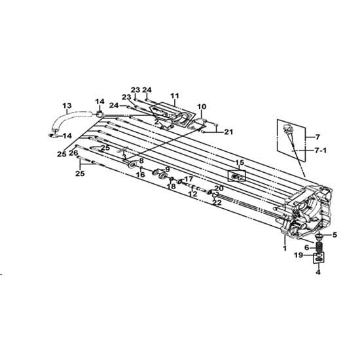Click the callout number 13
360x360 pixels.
[x=67, y=106]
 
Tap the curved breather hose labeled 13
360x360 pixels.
[x=69, y=117]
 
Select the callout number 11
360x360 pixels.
[x=175, y=96]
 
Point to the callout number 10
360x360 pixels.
[x=202, y=107]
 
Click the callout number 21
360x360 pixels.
[x=228, y=132]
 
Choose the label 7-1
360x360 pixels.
[x=321, y=151]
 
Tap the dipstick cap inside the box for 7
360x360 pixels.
[x=286, y=128]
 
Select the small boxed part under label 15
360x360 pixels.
[x=237, y=176]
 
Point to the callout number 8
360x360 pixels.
[x=141, y=161]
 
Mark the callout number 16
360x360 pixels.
[x=141, y=175]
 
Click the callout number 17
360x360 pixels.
[x=189, y=179]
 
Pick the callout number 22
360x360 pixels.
[x=217, y=202]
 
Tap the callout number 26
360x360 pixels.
[x=73, y=153]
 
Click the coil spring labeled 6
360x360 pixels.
[x=319, y=247]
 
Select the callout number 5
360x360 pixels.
[x=334, y=235]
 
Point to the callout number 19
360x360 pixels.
[x=299, y=255]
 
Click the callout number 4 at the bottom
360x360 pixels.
[x=318, y=272]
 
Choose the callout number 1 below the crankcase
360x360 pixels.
[x=285, y=248]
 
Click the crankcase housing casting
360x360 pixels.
[x=306, y=211]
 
